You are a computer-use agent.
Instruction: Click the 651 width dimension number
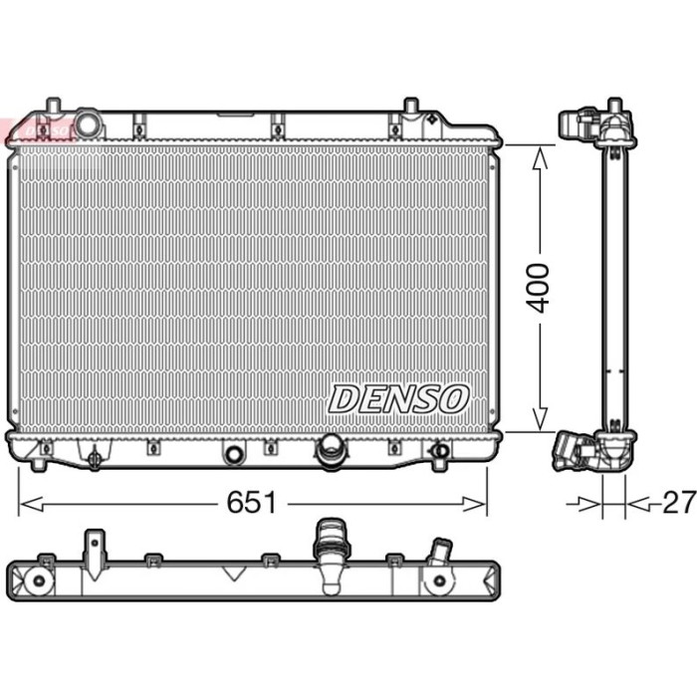tap(252, 503)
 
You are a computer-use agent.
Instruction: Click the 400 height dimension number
tap(538, 288)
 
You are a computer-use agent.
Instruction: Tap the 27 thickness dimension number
tap(678, 502)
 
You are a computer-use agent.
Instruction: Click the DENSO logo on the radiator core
tap(398, 399)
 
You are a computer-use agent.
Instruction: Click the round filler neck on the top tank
tap(88, 123)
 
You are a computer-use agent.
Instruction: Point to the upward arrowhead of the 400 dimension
tap(540, 158)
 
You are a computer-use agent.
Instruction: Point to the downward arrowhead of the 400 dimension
tap(540, 419)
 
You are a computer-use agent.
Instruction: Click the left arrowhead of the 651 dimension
tap(32, 504)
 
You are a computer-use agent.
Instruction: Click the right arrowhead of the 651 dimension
tap(474, 504)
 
